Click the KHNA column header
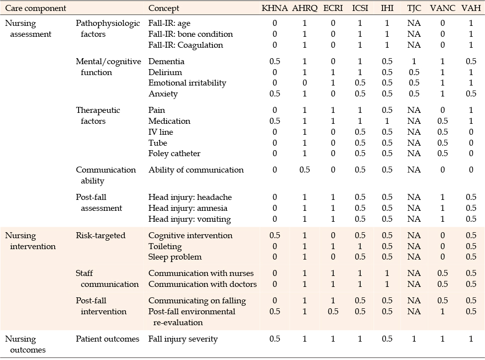tap(275, 8)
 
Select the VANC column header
tap(442, 8)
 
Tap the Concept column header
tap(164, 8)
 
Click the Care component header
tap(36, 8)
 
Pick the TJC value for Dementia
tap(414, 62)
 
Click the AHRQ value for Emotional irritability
tap(304, 83)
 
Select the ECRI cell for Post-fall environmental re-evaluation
tap(333, 311)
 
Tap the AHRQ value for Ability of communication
tap(304, 170)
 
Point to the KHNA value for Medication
tap(275, 121)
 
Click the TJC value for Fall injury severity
tap(414, 339)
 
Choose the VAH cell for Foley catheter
tap(471, 154)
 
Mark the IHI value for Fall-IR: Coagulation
tap(387, 45)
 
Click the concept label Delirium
tap(165, 73)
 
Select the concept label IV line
tap(161, 132)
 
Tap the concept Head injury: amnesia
tap(188, 208)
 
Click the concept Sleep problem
tap(175, 257)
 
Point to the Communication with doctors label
tap(202, 284)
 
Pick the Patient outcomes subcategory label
tap(107, 339)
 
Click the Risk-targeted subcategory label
tap(100, 236)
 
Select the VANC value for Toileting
tap(442, 247)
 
